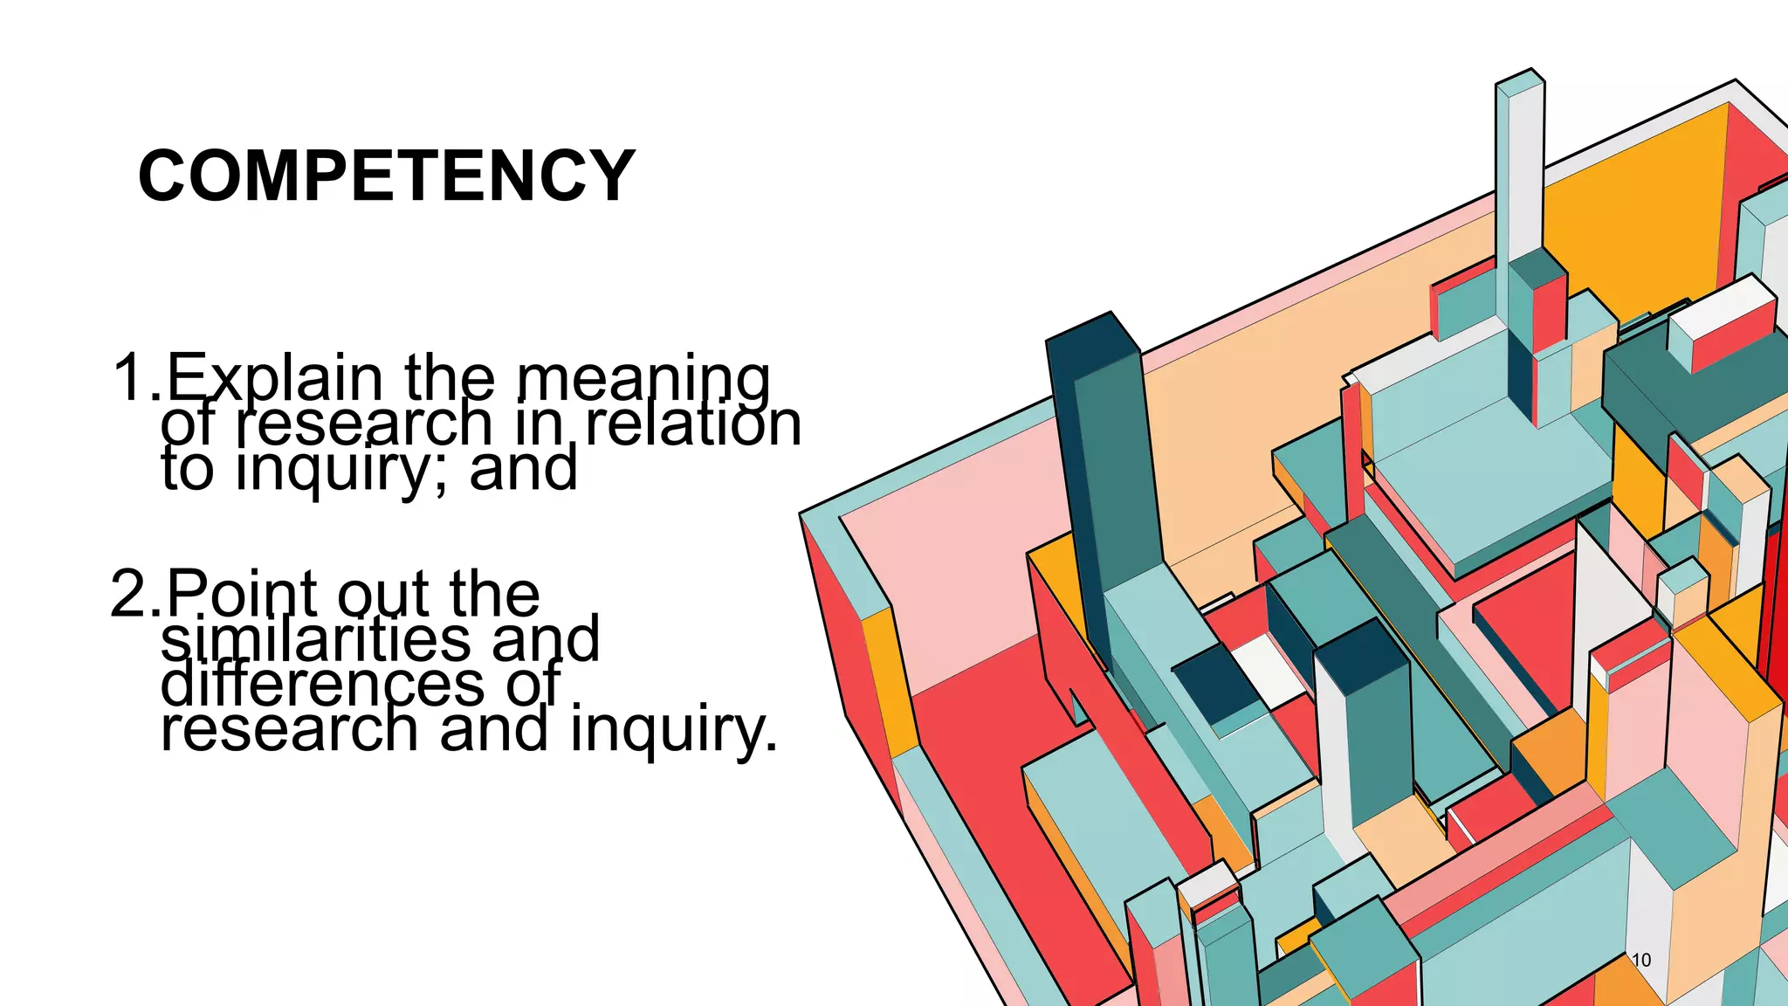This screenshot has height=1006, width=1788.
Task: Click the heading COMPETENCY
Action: point(386,176)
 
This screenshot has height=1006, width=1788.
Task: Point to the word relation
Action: point(692,424)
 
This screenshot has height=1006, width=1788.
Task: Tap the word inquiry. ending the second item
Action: point(673,730)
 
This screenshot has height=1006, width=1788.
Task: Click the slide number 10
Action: point(1641,960)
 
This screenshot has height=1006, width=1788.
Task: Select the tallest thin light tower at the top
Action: point(1520,166)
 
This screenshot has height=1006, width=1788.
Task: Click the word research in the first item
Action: point(365,424)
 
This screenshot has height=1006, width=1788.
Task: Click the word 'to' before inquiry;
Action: point(187,469)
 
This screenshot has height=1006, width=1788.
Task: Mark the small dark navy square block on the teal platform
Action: point(1215,683)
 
